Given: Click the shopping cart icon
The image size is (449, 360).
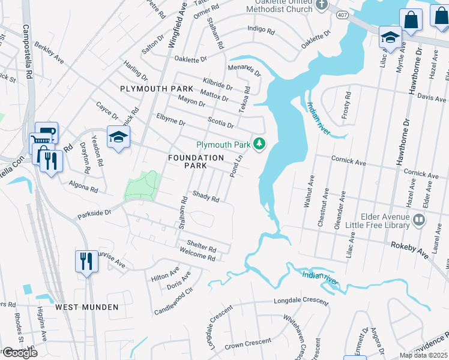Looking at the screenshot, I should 41,140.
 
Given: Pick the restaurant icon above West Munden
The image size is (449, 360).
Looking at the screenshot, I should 86,260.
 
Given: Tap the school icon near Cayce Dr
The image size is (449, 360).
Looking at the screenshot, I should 118,137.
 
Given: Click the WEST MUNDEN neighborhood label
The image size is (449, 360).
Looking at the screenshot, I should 86,307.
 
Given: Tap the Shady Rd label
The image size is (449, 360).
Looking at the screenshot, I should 206,197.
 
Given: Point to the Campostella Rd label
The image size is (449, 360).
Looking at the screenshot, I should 27,52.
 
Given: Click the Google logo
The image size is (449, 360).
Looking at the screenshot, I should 19,353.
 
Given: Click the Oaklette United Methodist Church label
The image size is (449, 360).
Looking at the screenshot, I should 280,6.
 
